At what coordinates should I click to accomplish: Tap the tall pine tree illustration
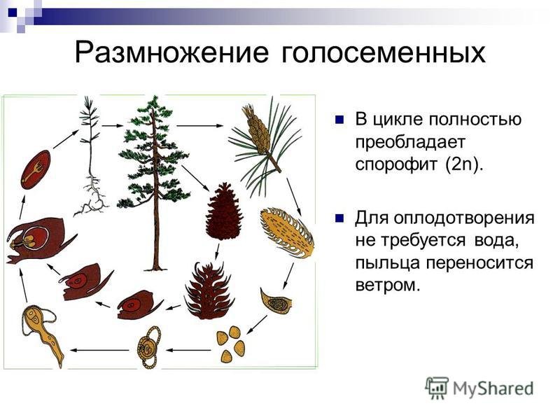click(155, 182)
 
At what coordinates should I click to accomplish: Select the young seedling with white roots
click(91, 157)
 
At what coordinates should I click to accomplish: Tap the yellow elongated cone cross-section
click(288, 233)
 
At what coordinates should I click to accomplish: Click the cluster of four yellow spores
click(231, 344)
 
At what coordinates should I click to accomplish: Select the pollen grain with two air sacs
click(149, 347)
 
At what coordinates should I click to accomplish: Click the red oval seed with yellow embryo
click(36, 169)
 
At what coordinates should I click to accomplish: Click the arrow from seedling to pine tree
click(112, 126)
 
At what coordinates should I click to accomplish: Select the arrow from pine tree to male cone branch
click(200, 126)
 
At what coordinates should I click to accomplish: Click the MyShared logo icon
click(437, 388)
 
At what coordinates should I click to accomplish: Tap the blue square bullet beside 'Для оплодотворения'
click(339, 218)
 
